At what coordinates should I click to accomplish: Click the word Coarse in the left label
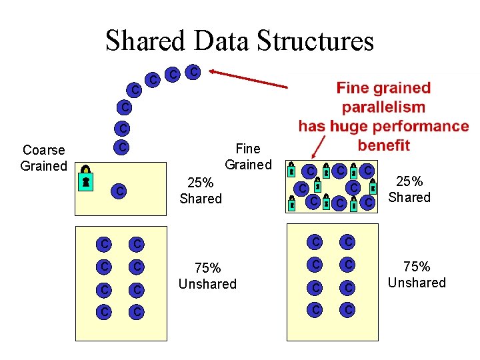[44, 150]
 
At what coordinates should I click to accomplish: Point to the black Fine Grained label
[248, 157]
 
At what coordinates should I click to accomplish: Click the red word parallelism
[383, 107]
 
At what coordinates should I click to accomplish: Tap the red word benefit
[383, 145]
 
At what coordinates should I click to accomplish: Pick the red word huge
[348, 127]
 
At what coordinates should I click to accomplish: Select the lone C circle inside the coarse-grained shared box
[119, 192]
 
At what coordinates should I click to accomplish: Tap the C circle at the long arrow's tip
[193, 71]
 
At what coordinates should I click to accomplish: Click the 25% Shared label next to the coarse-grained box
[201, 191]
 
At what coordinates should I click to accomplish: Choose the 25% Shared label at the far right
[409, 189]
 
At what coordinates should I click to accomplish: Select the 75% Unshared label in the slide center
[207, 276]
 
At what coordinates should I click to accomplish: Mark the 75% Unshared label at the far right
[417, 275]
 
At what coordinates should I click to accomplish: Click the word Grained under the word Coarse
[44, 166]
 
